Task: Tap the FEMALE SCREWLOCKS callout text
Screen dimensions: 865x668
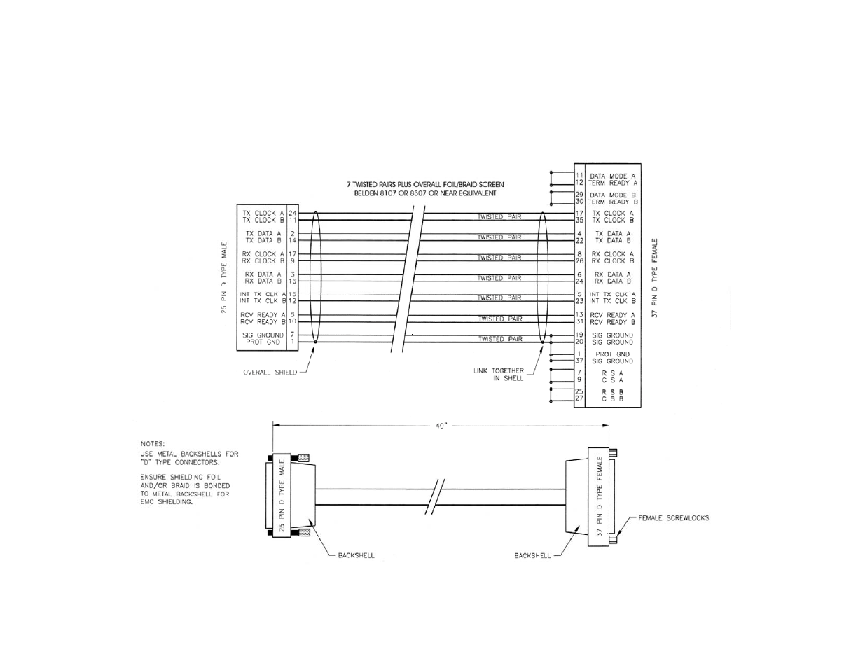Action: (673, 518)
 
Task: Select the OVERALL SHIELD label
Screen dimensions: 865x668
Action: (270, 373)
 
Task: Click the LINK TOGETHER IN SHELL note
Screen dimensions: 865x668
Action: (499, 375)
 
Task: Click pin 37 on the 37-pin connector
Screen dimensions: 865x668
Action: (579, 361)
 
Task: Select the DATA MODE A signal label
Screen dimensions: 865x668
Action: (608, 176)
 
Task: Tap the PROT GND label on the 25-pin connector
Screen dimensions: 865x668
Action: (263, 342)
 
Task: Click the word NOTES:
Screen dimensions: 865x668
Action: (153, 443)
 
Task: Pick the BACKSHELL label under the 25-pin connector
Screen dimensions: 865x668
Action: (356, 555)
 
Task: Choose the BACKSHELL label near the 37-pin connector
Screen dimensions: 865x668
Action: (532, 555)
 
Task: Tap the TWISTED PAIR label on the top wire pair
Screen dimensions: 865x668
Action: (499, 217)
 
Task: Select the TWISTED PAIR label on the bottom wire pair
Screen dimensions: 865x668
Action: (499, 339)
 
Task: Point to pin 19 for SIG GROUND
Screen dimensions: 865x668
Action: (579, 335)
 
